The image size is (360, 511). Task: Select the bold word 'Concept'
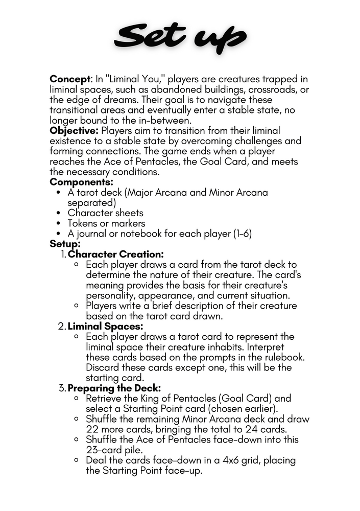(x=69, y=79)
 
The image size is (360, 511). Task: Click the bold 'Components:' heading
(x=81, y=182)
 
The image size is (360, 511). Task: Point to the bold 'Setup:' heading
(x=65, y=244)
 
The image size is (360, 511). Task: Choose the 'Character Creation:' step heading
(x=116, y=254)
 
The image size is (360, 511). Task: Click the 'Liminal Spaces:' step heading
(x=106, y=327)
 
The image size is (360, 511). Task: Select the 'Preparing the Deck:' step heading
(x=114, y=388)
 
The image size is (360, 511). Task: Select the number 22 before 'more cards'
(x=93, y=430)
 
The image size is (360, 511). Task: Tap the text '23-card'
(x=106, y=450)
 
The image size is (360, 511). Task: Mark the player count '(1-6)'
(x=240, y=234)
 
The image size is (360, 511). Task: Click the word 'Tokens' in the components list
(x=84, y=224)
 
